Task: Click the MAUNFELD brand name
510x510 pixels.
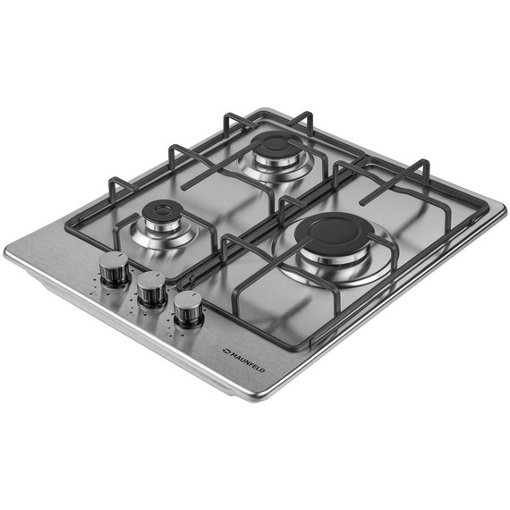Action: click(248, 361)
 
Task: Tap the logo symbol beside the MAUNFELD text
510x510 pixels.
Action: click(226, 351)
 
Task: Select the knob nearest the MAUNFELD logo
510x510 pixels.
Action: click(189, 308)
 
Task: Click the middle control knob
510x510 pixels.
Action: click(151, 290)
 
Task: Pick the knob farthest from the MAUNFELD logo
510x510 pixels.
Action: click(115, 269)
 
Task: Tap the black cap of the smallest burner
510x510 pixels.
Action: click(162, 211)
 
